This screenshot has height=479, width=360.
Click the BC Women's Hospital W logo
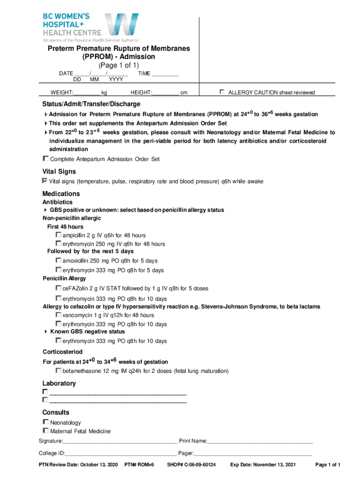pyautogui.click(x=121, y=26)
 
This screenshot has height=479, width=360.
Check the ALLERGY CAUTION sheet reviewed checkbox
pyautogui.click(x=223, y=92)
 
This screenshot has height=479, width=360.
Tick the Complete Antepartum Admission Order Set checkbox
pyautogui.click(x=46, y=159)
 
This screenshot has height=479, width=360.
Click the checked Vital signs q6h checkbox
pyautogui.click(x=45, y=181)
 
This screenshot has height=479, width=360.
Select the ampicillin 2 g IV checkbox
pyautogui.click(x=58, y=235)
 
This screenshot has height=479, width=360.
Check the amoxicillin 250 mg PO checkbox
pyautogui.click(x=58, y=260)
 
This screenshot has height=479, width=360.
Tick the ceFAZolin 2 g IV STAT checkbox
pyautogui.click(x=58, y=288)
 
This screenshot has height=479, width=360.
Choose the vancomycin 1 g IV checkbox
pyautogui.click(x=58, y=315)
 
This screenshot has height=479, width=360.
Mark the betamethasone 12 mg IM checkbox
pyautogui.click(x=58, y=370)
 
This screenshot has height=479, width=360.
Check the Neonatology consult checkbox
pyautogui.click(x=46, y=422)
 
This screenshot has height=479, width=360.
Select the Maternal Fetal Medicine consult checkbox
pyautogui.click(x=46, y=430)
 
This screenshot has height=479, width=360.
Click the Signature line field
pyautogui.click(x=120, y=441)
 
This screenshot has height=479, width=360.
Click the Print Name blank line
pyautogui.click(x=260, y=441)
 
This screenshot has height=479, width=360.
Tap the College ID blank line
pyautogui.click(x=121, y=453)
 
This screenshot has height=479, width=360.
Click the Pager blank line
pyautogui.click(x=252, y=453)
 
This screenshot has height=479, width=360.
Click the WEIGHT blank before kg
pyautogui.click(x=86, y=93)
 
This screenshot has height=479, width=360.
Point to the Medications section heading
pyautogui.click(x=61, y=194)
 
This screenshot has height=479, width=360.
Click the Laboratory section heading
pyautogui.click(x=59, y=383)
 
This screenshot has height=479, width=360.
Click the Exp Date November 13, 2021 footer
pyautogui.click(x=263, y=465)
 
